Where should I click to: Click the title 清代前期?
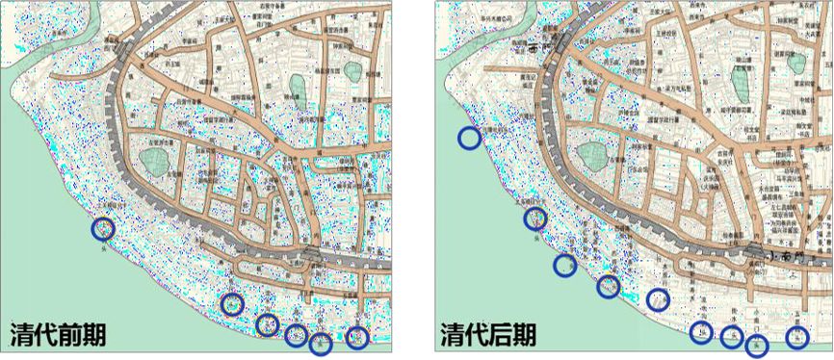(x=58, y=334)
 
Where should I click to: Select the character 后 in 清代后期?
(x=502, y=334)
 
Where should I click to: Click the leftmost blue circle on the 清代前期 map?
(x=103, y=229)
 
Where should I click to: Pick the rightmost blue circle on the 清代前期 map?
(x=357, y=337)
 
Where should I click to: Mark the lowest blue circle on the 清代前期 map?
(x=321, y=344)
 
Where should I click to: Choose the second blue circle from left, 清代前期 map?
(x=232, y=304)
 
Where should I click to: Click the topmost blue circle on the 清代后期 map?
(x=469, y=138)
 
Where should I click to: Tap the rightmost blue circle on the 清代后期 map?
(x=796, y=337)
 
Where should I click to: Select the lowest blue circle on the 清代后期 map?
(x=757, y=345)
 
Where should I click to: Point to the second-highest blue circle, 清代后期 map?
(x=535, y=219)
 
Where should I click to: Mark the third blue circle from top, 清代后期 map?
(x=565, y=265)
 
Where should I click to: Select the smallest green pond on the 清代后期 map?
(x=796, y=63)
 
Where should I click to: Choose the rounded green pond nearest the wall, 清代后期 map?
(x=591, y=155)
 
